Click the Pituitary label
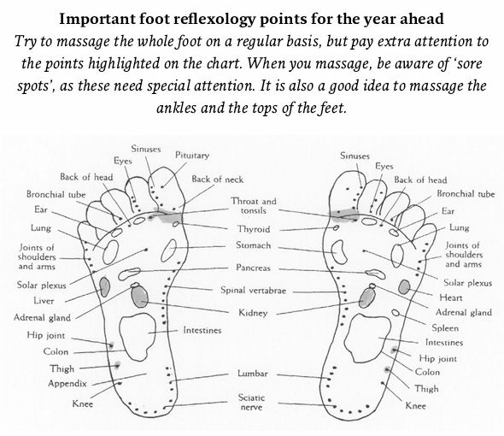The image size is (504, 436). coord(192,156)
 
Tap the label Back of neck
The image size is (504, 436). coord(217,180)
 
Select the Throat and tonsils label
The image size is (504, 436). coord(254,206)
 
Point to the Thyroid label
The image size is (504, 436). coord(254,229)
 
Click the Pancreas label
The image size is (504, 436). coord(253,268)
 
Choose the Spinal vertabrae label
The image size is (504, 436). coord(253,290)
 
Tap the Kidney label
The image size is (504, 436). coord(253,313)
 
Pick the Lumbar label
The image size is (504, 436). coord(252,374)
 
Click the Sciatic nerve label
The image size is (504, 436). coord(251,402)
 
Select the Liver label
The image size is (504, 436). coord(44,301)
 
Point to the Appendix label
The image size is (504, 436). coord(67,384)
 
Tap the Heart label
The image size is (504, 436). coord(451,298)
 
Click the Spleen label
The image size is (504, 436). coord(445,328)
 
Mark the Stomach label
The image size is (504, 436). coord(254,245)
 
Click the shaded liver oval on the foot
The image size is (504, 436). coord(104,286)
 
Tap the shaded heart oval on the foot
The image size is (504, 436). coord(404,287)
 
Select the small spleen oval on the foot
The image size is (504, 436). coord(396,312)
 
